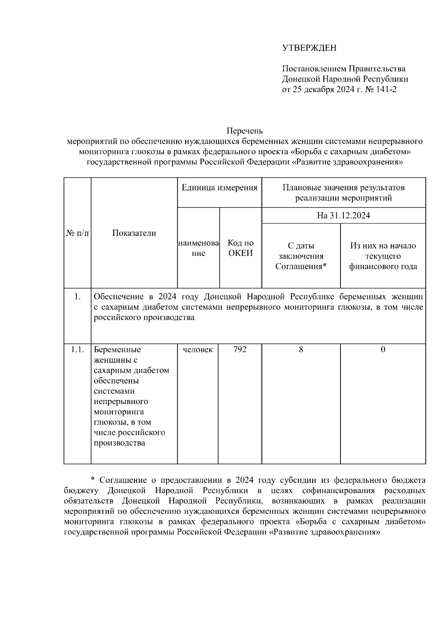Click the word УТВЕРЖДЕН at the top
(x=309, y=48)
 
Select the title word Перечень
(x=245, y=131)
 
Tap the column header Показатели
(x=134, y=233)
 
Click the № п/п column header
(x=77, y=233)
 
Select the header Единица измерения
(x=219, y=188)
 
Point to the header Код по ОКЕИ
(x=240, y=248)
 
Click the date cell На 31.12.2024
(x=343, y=216)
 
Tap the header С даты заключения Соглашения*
(x=301, y=256)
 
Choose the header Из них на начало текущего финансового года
(x=383, y=256)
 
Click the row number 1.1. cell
(x=77, y=350)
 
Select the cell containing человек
(x=198, y=350)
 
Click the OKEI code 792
(x=240, y=350)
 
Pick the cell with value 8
(x=301, y=350)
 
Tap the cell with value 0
(x=383, y=350)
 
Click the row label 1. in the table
(x=77, y=297)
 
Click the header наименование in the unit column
(x=198, y=248)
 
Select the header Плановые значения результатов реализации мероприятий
(x=343, y=193)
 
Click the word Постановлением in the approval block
(x=314, y=69)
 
